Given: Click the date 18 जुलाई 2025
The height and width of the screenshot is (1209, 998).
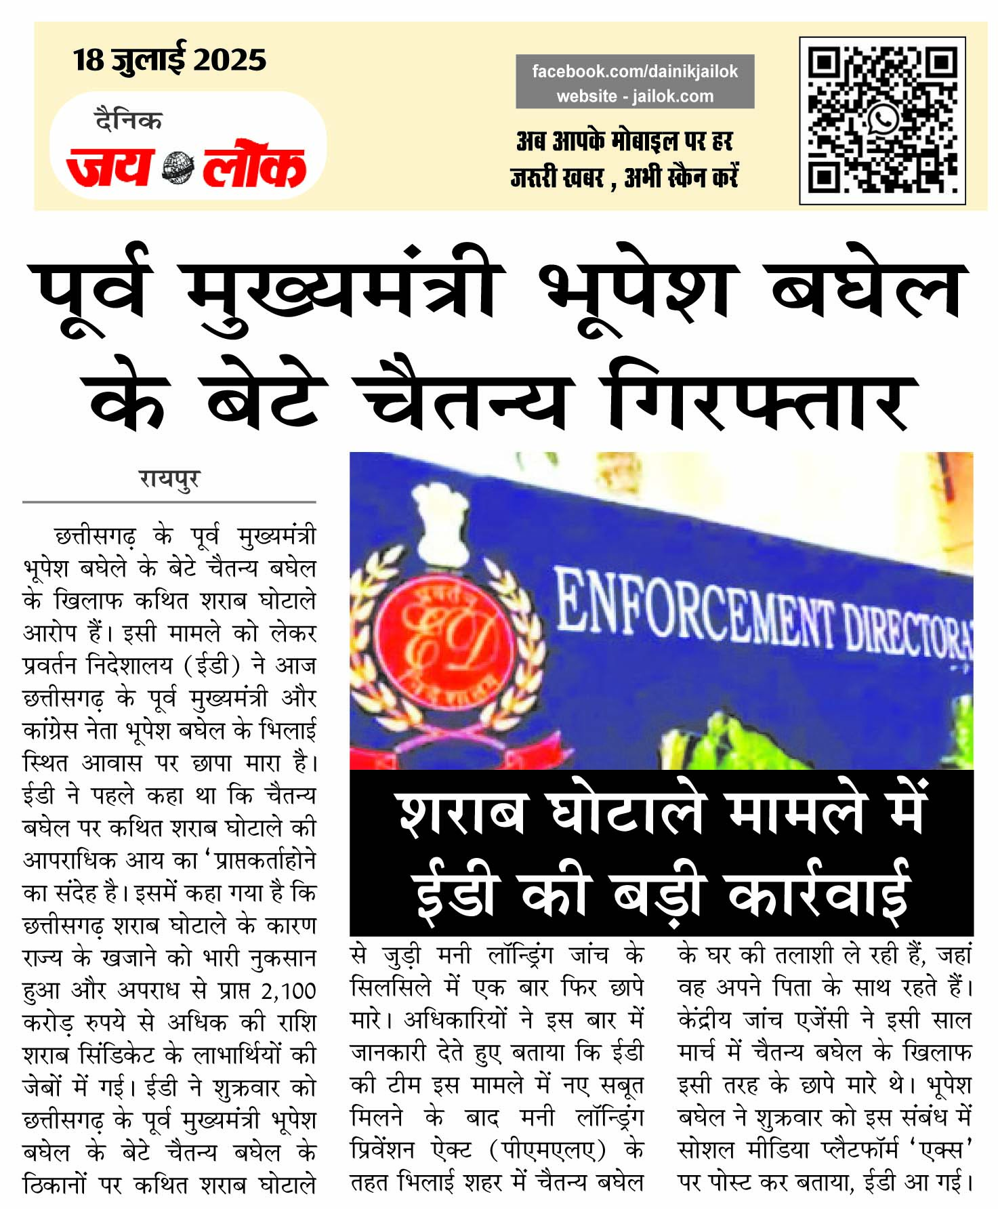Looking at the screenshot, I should pyautogui.click(x=169, y=60).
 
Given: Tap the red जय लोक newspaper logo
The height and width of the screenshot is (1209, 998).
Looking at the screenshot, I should pyautogui.click(x=186, y=166).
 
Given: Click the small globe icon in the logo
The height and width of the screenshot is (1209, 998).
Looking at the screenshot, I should pyautogui.click(x=178, y=168).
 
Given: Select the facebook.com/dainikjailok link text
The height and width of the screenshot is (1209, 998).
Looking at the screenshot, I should pyautogui.click(x=635, y=71).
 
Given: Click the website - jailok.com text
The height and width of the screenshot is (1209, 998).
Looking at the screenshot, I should pyautogui.click(x=635, y=96).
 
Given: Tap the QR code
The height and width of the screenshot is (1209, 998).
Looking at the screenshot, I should pyautogui.click(x=882, y=120).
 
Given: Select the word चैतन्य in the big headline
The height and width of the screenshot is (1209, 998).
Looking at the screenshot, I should pyautogui.click(x=467, y=400).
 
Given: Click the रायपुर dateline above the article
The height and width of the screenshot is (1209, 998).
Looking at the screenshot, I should pyautogui.click(x=169, y=478).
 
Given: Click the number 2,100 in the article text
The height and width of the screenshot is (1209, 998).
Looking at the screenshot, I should pyautogui.click(x=289, y=991).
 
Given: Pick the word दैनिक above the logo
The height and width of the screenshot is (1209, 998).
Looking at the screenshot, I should pyautogui.click(x=128, y=121).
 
